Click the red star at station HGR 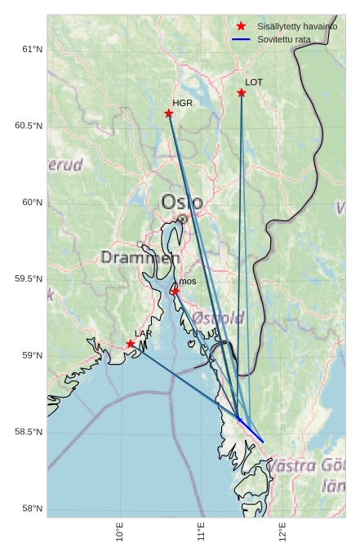169,113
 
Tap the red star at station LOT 242,93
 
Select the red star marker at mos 176,291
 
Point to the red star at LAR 131,344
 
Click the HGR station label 182,104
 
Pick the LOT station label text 254,82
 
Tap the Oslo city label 177,202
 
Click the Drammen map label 140,258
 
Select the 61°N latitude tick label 31,49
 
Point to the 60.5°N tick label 28,126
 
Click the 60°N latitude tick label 31,202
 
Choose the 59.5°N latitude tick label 28,279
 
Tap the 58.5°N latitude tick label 28,432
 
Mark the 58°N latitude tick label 31,509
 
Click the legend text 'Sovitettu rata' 283,39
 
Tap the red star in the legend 241,27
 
